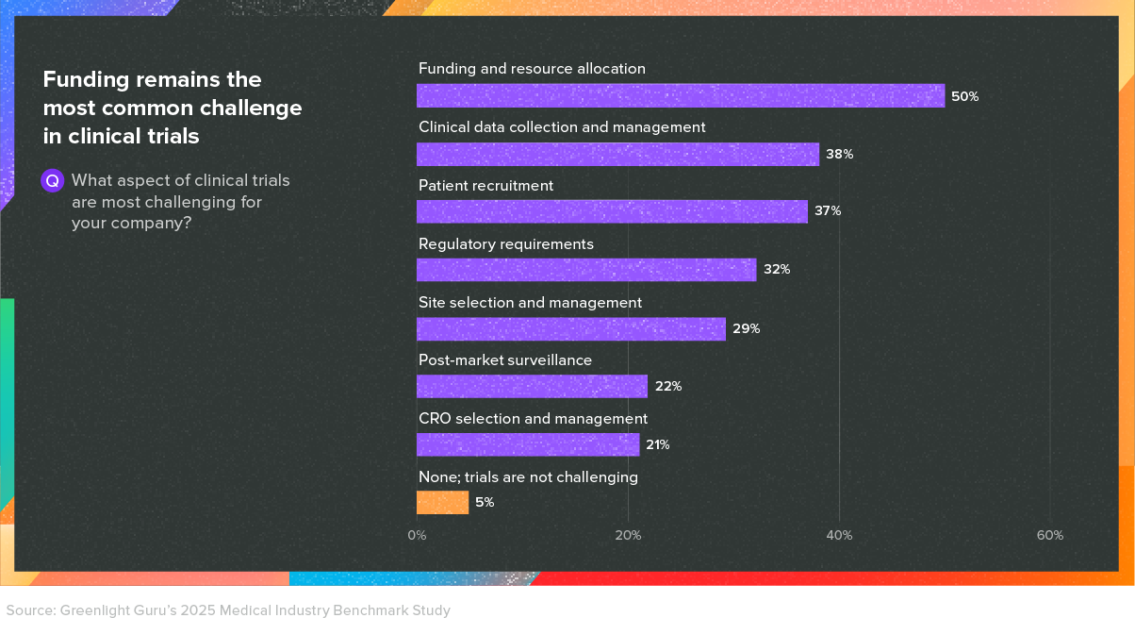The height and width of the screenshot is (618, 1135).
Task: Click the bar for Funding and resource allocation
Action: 680,95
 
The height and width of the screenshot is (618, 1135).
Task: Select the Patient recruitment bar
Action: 612,211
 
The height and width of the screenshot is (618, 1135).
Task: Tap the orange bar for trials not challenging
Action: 442,503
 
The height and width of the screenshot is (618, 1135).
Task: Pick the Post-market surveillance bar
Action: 532,387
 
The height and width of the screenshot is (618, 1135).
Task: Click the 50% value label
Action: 964,96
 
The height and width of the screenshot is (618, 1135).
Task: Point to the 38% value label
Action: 839,154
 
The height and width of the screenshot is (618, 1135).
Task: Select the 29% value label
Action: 746,328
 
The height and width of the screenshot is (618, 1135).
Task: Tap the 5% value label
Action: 485,503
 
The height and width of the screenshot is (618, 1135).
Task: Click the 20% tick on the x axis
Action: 628,535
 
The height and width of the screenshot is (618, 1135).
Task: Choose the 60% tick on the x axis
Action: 1050,535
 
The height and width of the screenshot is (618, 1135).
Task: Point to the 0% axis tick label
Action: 417,535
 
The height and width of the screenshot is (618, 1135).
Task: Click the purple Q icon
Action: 53,181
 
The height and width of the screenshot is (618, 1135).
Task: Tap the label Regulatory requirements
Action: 505,244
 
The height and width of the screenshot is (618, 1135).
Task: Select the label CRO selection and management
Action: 533,418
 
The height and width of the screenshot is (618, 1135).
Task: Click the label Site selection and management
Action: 530,303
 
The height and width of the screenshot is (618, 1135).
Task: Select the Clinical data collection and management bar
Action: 617,154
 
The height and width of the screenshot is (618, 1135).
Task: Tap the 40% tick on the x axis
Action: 839,535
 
